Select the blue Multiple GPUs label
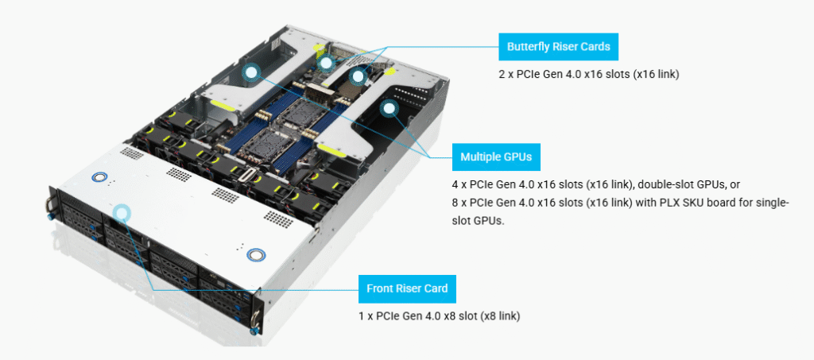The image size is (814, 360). (x=496, y=157)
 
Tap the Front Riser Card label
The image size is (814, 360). (x=407, y=288)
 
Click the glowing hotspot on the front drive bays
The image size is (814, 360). (x=121, y=212)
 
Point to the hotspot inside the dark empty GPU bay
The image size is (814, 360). (x=390, y=109)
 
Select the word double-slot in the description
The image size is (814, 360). (x=669, y=184)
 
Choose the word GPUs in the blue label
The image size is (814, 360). (x=517, y=157)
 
